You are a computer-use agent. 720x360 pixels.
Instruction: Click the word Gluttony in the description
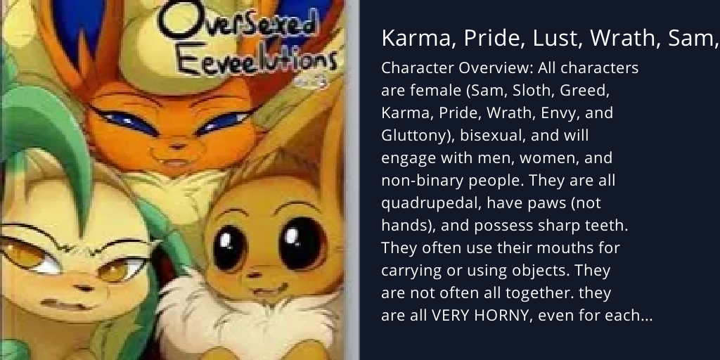411,136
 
